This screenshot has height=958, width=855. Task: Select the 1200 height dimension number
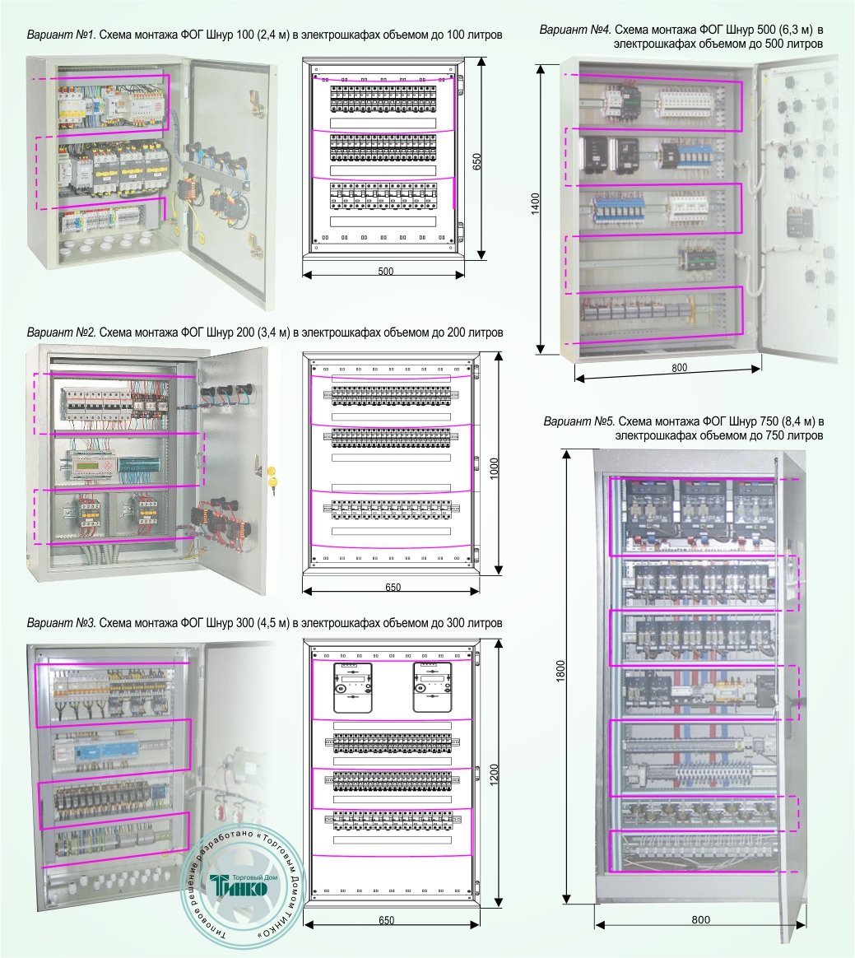click(495, 774)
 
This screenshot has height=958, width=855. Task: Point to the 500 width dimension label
click(385, 272)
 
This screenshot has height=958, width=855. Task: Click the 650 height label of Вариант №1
click(476, 160)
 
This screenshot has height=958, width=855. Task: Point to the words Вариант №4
click(574, 30)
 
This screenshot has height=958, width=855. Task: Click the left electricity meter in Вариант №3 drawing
click(352, 687)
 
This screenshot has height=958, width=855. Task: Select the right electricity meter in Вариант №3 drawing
click(432, 687)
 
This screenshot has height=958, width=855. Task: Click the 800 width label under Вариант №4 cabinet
click(679, 368)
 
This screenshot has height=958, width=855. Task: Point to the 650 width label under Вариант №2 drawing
click(393, 588)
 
